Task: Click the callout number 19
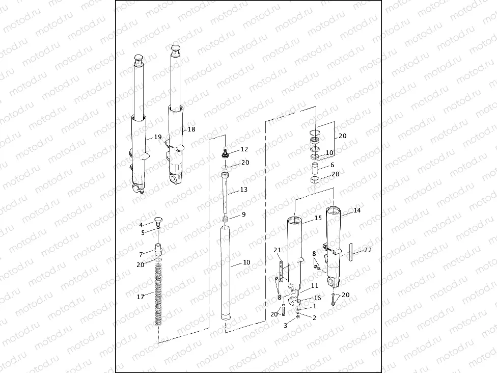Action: (x=158, y=137)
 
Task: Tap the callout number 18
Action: (x=191, y=129)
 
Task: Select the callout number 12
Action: (x=244, y=149)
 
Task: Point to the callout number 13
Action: (x=244, y=190)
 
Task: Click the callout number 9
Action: (x=244, y=215)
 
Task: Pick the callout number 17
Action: (x=141, y=297)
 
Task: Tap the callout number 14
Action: (x=357, y=210)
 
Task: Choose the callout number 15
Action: (x=318, y=218)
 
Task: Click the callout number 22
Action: (x=368, y=250)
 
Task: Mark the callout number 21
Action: (x=278, y=250)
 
